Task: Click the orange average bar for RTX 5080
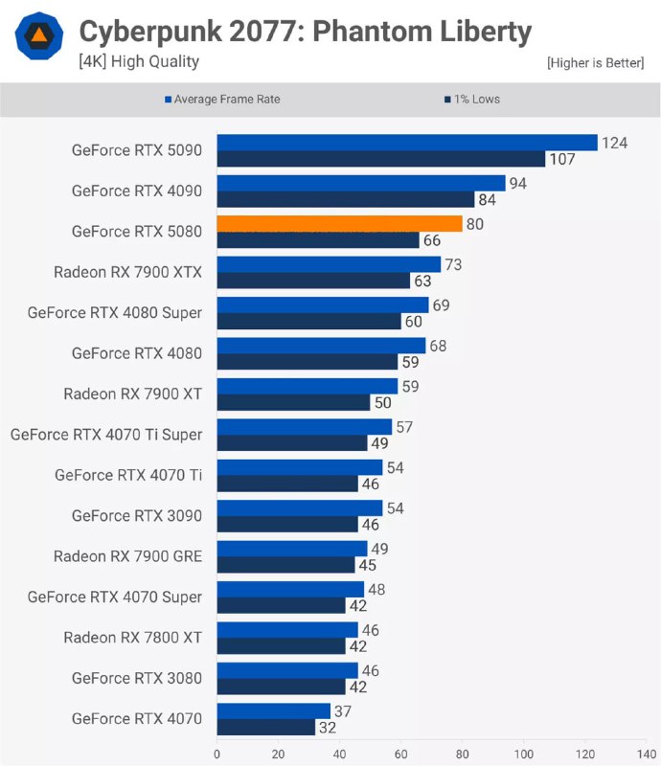point(339,223)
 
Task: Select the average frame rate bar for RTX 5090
point(407,143)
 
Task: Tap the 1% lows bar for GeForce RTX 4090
point(346,199)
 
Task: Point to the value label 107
point(562,159)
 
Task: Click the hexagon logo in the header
point(39,39)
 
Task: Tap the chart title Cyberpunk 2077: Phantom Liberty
point(305,33)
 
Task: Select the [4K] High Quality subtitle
point(139,62)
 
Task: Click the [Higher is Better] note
point(596,63)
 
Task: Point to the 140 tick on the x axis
point(647,753)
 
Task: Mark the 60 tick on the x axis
point(401,753)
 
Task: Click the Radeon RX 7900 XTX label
point(127,272)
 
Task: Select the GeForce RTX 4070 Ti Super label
point(106,435)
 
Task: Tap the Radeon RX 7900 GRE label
point(127,556)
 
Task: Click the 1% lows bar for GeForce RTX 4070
point(265,727)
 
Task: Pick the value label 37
point(343,710)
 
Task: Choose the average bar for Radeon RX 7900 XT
point(307,386)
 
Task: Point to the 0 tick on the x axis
point(217,753)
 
